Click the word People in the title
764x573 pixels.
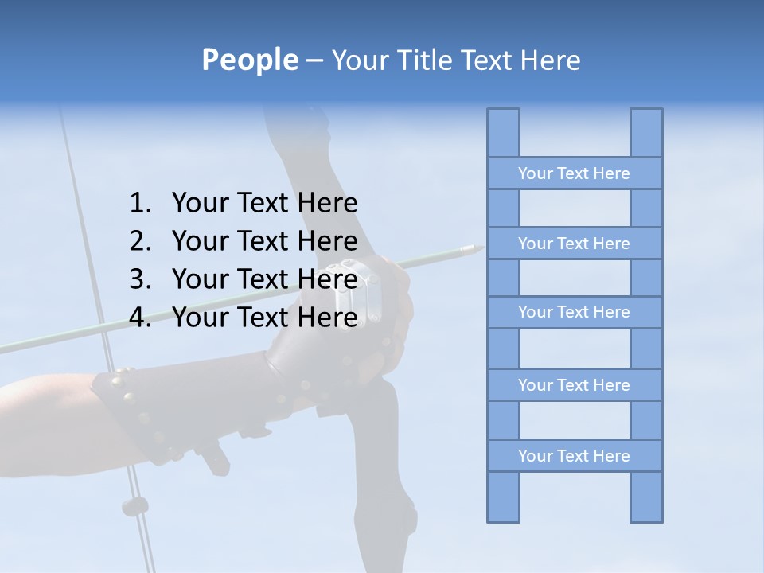tap(249, 60)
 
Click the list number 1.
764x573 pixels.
tap(139, 204)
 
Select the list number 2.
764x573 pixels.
tap(139, 241)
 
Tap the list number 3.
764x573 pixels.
tap(139, 279)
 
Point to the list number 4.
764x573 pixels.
tap(139, 318)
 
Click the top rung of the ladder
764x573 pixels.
tap(574, 173)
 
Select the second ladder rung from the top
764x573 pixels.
tap(574, 244)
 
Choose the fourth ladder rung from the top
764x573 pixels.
tap(574, 385)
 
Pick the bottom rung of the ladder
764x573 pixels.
tap(574, 456)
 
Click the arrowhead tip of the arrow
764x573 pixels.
tap(478, 250)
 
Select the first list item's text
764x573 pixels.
tap(264, 204)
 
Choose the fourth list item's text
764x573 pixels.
tap(264, 318)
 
